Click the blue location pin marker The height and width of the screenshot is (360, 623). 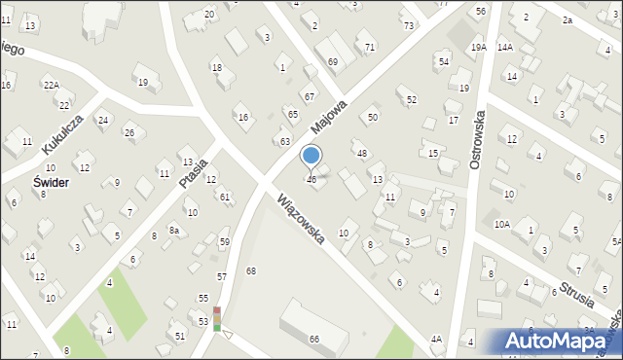(311, 157)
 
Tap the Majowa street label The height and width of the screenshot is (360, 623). (330, 114)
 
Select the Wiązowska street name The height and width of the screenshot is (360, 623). (300, 220)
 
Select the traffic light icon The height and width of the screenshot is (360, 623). (218, 319)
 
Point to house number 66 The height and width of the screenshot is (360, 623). (314, 339)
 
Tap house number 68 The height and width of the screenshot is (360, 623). (251, 270)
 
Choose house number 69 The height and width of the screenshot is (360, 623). (333, 61)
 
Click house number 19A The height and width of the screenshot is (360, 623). (478, 47)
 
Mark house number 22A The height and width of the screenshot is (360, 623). (51, 85)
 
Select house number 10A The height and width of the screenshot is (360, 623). (501, 224)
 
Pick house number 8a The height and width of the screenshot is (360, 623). (174, 230)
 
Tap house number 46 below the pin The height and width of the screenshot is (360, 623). (311, 180)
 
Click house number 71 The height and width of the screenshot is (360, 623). (369, 47)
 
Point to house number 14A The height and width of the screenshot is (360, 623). (504, 47)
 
